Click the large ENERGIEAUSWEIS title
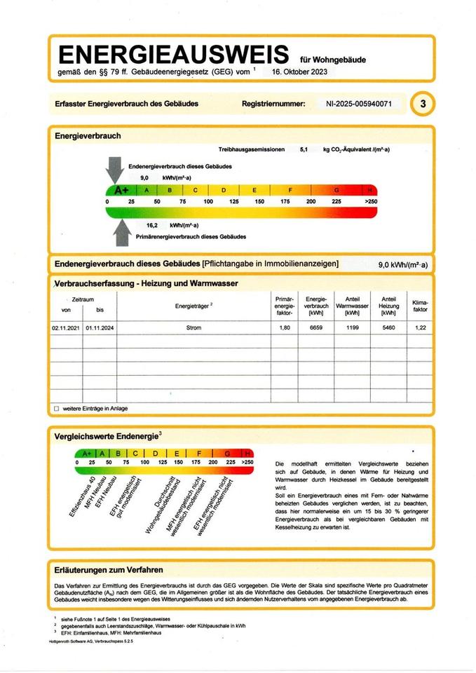pyautogui.click(x=173, y=54)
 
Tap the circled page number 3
pyautogui.click(x=422, y=104)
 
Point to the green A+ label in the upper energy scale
pyautogui.click(x=121, y=190)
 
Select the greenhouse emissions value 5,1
pyautogui.click(x=304, y=150)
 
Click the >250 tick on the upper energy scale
pyautogui.click(x=369, y=202)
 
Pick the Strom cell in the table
pyautogui.click(x=194, y=328)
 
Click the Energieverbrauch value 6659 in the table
pyautogui.click(x=313, y=328)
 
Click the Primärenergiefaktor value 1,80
pyautogui.click(x=284, y=328)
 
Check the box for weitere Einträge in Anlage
pyautogui.click(x=56, y=408)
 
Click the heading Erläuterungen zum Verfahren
pyautogui.click(x=109, y=570)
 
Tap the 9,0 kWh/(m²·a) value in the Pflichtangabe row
pyautogui.click(x=402, y=264)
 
